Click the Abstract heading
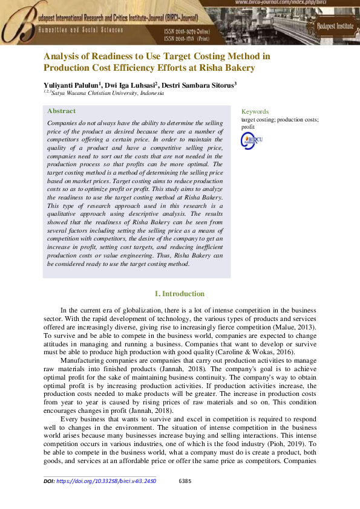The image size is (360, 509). tap(62, 111)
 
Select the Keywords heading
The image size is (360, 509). tap(255, 111)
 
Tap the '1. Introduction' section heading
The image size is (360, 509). tap(180, 294)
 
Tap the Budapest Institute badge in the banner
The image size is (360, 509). tap(334, 27)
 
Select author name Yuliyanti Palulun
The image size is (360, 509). tap(71, 85)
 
